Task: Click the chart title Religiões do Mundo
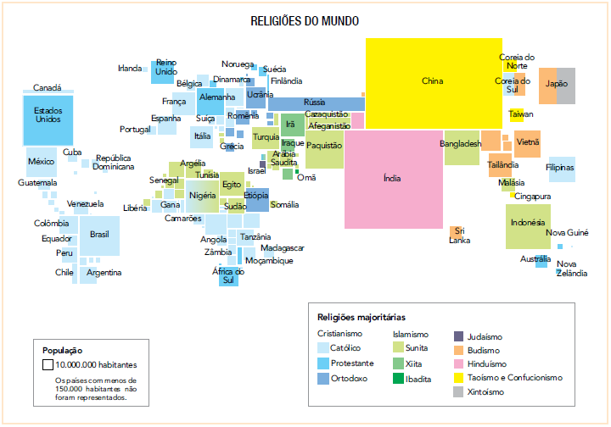(x=305, y=20)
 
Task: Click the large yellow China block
(x=432, y=82)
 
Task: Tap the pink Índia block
(x=392, y=179)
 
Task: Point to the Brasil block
(x=99, y=235)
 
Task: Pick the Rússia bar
(x=315, y=103)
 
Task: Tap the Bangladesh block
(x=461, y=145)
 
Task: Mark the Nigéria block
(x=202, y=196)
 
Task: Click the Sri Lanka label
(x=460, y=236)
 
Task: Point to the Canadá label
(x=47, y=88)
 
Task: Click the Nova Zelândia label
(x=571, y=269)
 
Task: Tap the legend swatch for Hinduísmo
(x=459, y=363)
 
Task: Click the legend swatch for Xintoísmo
(x=459, y=392)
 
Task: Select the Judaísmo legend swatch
(x=459, y=335)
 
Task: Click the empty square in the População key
(x=48, y=364)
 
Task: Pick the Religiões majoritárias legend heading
(x=362, y=318)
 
